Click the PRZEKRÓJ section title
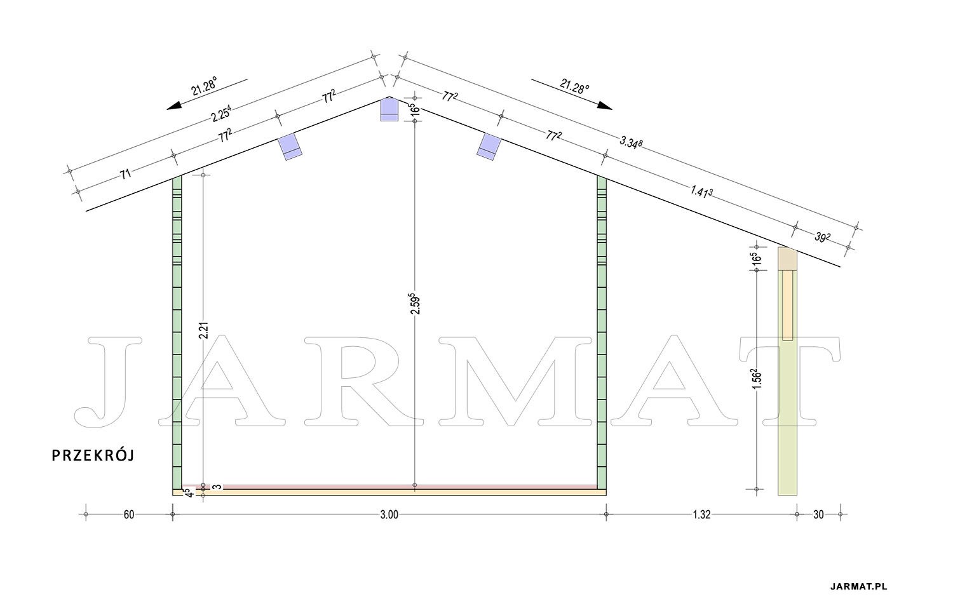coord(93,455)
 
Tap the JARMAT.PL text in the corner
coord(858,586)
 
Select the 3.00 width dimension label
coord(389,515)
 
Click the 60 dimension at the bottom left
coord(129,515)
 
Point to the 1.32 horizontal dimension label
coord(701,515)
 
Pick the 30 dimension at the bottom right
coord(818,515)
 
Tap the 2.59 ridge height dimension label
coord(416,303)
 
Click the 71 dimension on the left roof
coord(125,173)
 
